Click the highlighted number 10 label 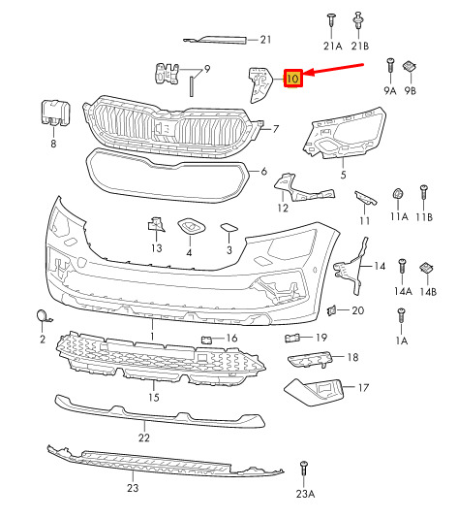tap(293, 79)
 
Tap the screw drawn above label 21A tap(331, 19)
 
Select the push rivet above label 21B tap(358, 19)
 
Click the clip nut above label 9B tap(409, 67)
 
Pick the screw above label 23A tap(303, 469)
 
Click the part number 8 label tap(53, 144)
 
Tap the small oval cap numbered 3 tap(229, 228)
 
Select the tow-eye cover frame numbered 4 tap(192, 226)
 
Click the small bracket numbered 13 tap(156, 225)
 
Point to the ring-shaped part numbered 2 tap(43, 315)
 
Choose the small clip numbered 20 tap(331, 310)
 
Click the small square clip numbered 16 tap(206, 340)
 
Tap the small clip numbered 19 tap(292, 338)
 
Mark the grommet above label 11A tap(397, 193)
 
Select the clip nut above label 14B tap(427, 268)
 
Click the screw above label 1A tap(402, 315)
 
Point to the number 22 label tap(144, 438)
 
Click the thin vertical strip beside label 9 tap(192, 86)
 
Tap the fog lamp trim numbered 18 tap(309, 359)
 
